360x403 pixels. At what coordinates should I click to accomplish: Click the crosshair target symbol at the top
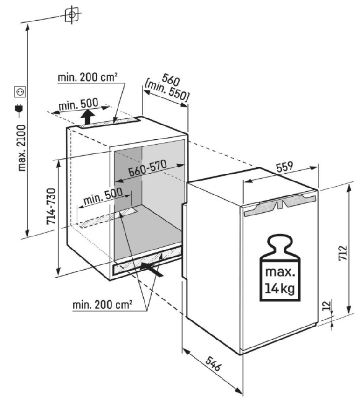(x=71, y=14)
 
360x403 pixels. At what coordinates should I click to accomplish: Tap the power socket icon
(x=21, y=92)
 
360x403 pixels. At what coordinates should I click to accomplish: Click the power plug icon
(x=21, y=110)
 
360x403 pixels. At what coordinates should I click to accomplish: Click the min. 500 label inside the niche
(x=102, y=197)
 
